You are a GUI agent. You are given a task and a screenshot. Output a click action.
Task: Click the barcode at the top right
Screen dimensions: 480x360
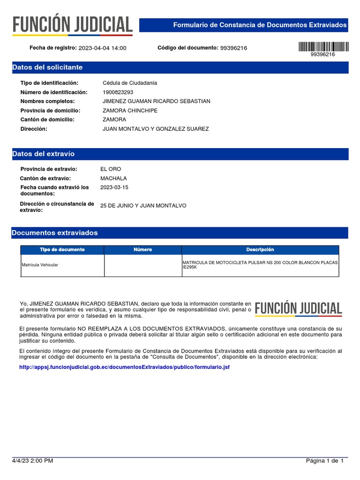tap(323, 46)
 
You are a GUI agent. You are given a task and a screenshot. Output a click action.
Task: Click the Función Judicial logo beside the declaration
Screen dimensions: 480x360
tap(298, 308)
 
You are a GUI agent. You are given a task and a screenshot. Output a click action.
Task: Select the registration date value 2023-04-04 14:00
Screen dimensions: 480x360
tap(102, 48)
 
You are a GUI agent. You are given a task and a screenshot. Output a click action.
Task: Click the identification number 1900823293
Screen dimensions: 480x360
tap(118, 92)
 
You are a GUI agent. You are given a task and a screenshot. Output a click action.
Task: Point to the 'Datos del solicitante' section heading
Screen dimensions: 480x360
tap(47, 67)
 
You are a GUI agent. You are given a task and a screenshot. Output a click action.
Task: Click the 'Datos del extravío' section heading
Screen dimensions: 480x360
tap(43, 154)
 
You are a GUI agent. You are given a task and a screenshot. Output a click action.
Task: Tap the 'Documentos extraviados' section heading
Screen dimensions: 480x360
tap(55, 232)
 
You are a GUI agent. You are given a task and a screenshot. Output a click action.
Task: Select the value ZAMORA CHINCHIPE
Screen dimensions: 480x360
tap(130, 111)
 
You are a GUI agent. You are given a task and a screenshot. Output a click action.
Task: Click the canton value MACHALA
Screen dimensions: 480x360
tap(113, 179)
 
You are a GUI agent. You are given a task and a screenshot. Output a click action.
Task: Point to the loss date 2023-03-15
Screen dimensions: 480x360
tap(114, 187)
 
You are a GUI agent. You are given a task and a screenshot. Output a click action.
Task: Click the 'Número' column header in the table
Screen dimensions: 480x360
tap(142, 250)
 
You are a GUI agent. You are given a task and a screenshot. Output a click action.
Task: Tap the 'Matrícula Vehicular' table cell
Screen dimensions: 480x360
tap(40, 265)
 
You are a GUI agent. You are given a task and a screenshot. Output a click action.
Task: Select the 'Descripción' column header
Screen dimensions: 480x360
tap(260, 250)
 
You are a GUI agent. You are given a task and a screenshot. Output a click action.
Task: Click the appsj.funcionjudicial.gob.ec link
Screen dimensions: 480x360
tap(124, 367)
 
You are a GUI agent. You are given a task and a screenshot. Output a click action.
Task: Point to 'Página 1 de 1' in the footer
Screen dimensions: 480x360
tap(325, 461)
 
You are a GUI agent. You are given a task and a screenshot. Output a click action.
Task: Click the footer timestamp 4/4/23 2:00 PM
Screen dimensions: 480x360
tap(32, 461)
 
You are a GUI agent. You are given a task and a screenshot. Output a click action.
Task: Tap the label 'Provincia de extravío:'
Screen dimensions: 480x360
tap(49, 169)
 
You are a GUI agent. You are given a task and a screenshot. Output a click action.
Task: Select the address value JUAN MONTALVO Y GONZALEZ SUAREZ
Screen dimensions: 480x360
tap(156, 129)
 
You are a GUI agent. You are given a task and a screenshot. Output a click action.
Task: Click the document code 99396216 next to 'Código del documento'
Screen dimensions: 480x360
tap(233, 48)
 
